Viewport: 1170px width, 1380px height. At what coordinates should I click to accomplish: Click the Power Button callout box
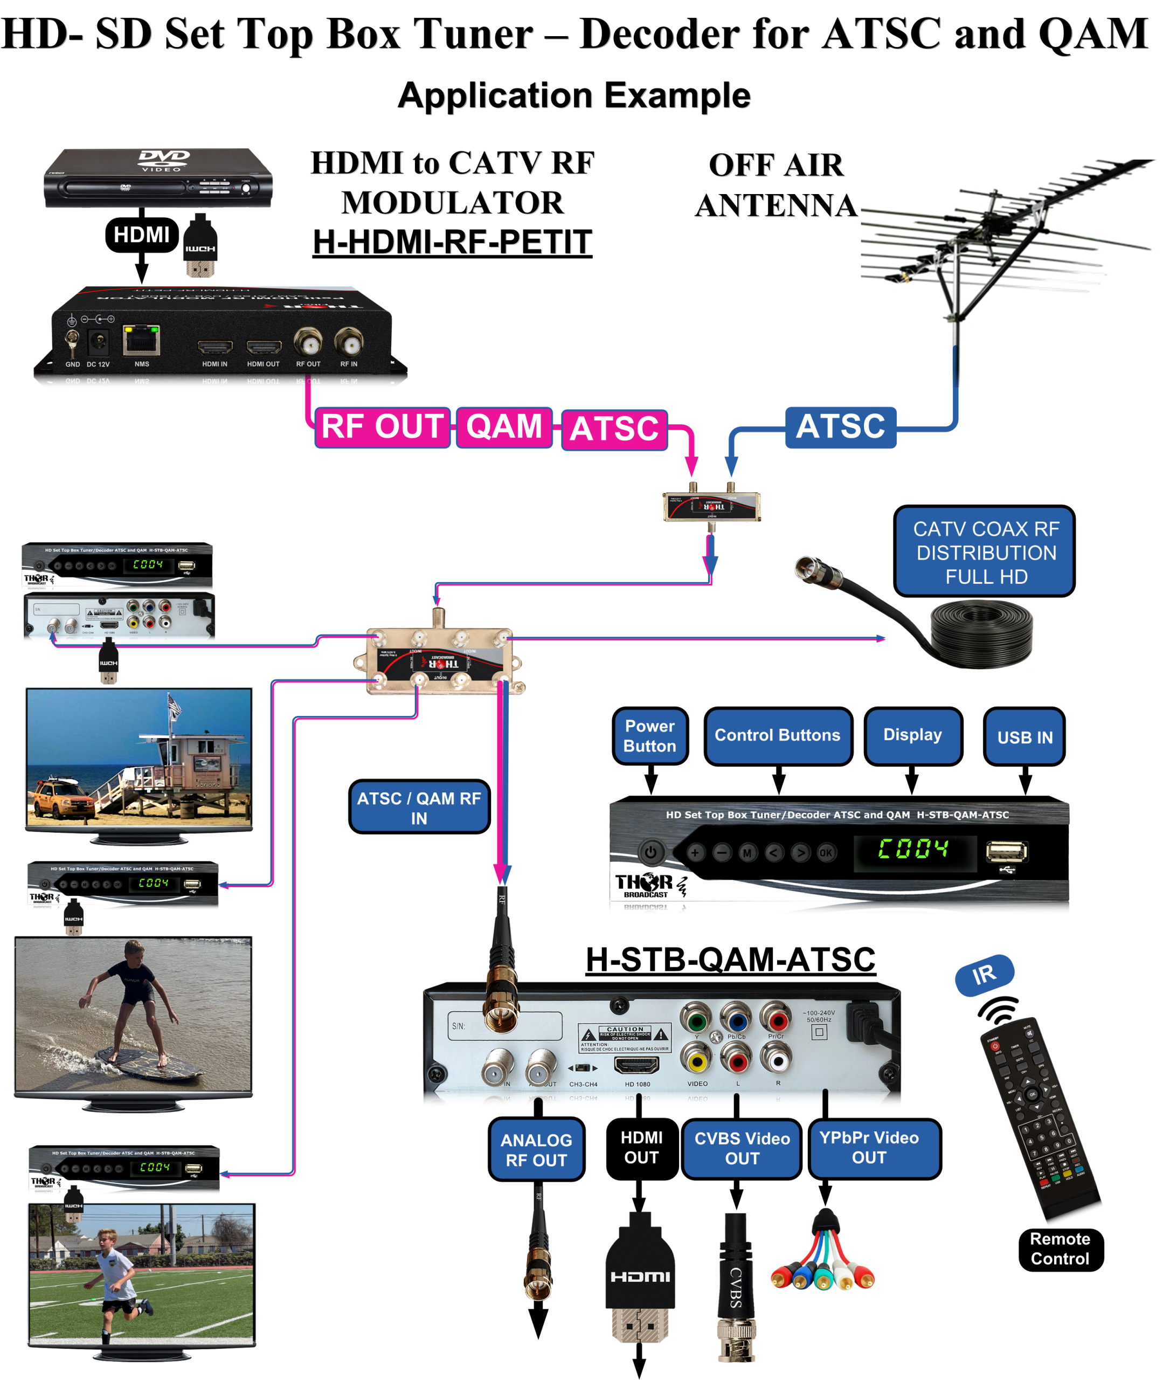point(650,736)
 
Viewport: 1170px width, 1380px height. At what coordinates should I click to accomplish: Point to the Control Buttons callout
point(778,736)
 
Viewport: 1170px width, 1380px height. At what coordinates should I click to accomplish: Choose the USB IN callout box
point(1024,737)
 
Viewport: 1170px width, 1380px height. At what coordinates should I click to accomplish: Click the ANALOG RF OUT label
point(537,1150)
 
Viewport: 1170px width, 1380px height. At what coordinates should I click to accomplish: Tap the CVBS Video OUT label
point(742,1148)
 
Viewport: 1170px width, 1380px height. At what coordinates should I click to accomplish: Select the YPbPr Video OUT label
point(869,1148)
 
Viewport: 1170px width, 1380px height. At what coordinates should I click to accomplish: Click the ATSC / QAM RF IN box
point(419,808)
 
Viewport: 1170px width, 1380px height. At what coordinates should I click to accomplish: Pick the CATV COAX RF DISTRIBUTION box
point(986,552)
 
